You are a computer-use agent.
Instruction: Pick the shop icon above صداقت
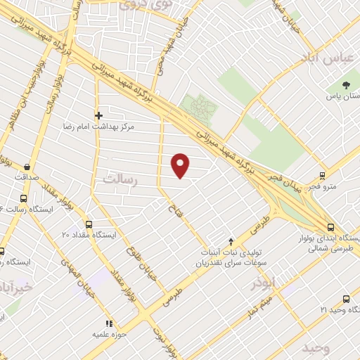[x=27, y=167]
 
